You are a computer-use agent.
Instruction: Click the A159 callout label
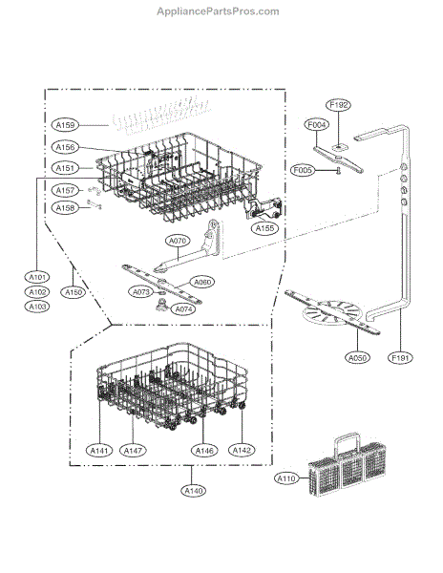pos(65,125)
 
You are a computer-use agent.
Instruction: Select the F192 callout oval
pos(338,105)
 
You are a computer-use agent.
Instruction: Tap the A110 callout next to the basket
pos(286,478)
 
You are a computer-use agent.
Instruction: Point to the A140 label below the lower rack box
pos(193,491)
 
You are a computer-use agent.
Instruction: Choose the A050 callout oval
pos(357,358)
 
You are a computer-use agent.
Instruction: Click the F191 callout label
pos(400,358)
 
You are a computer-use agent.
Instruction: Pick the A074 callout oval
pos(183,309)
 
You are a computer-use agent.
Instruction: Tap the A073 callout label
pos(140,292)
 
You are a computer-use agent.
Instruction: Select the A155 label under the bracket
pos(264,228)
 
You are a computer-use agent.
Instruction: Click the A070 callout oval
pos(178,241)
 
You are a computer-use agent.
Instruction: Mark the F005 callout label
pos(303,170)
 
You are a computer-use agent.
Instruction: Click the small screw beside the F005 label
pos(338,171)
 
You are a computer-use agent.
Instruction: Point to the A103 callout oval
pos(37,307)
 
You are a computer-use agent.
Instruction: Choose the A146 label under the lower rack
pos(204,450)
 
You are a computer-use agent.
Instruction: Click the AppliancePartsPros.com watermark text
pos(218,11)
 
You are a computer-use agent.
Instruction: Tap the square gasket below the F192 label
pos(340,147)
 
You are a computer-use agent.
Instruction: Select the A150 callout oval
pos(74,292)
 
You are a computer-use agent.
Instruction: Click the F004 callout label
pos(316,125)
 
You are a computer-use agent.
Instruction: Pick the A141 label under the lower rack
pos(99,450)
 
